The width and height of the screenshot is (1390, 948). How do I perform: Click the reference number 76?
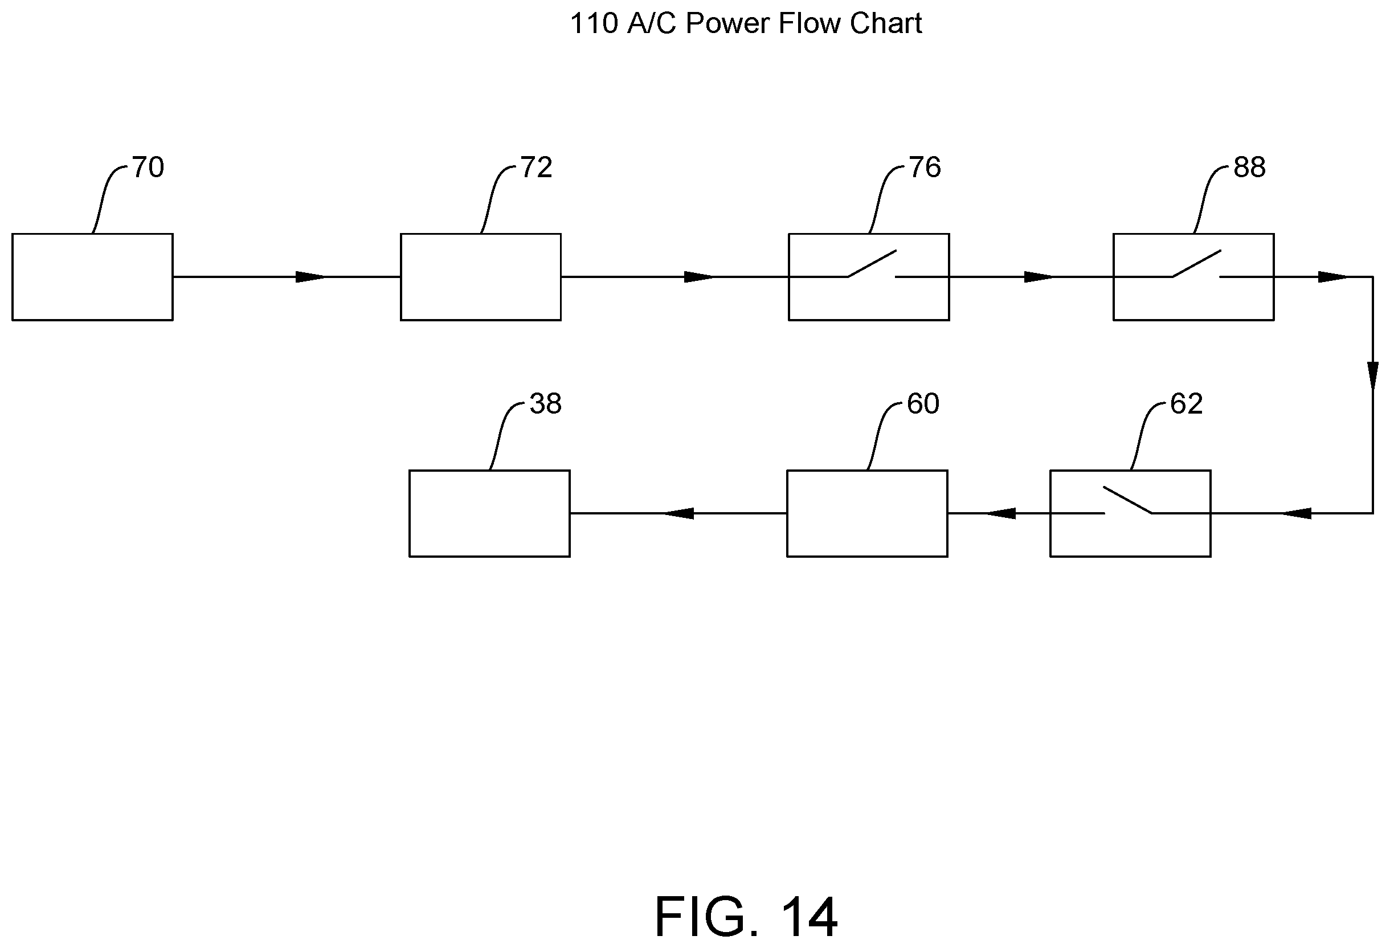[x=925, y=167]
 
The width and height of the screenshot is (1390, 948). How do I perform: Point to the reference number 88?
[x=1249, y=167]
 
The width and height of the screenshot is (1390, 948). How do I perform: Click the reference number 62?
[x=1186, y=404]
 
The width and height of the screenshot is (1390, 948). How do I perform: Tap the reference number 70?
[x=148, y=167]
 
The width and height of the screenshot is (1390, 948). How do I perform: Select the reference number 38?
[x=546, y=404]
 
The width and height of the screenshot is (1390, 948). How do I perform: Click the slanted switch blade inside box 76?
[x=872, y=264]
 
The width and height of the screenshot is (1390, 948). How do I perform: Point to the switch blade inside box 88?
[x=1196, y=264]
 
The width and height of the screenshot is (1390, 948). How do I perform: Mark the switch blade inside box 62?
[x=1128, y=500]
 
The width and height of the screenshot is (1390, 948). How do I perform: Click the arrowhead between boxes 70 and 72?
[x=311, y=277]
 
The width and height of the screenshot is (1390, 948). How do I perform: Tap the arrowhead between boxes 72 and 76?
[x=699, y=277]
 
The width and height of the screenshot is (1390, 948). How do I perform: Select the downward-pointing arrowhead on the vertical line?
[x=1373, y=375]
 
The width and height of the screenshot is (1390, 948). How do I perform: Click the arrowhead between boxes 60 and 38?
[x=678, y=513]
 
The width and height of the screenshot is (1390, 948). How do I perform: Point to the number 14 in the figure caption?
[x=808, y=917]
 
